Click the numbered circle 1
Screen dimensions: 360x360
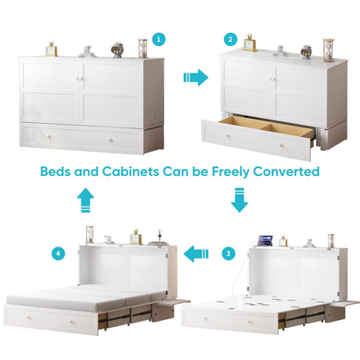159,40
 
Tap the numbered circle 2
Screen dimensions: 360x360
230,40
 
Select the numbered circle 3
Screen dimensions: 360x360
229,254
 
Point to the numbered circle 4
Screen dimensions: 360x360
58,254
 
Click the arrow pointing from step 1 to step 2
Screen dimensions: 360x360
196,77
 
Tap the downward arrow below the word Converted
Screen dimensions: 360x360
239,200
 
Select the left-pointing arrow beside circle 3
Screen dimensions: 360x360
196,254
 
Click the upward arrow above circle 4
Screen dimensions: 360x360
85,200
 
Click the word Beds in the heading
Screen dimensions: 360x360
55,171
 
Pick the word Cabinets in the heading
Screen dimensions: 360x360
131,171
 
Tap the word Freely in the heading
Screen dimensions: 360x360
230,172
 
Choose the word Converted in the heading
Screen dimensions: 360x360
286,171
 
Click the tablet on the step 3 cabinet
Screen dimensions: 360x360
265,240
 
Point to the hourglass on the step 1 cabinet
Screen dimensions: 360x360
142,49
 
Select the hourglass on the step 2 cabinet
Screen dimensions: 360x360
329,50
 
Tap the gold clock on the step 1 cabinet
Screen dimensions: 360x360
52,49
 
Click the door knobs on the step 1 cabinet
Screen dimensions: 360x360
81,78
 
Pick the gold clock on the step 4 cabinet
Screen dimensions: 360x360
136,237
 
